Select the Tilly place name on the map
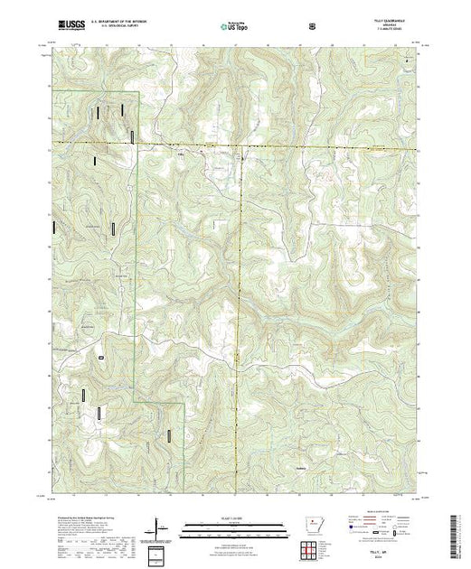(179, 154)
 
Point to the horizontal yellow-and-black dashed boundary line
(271, 145)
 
